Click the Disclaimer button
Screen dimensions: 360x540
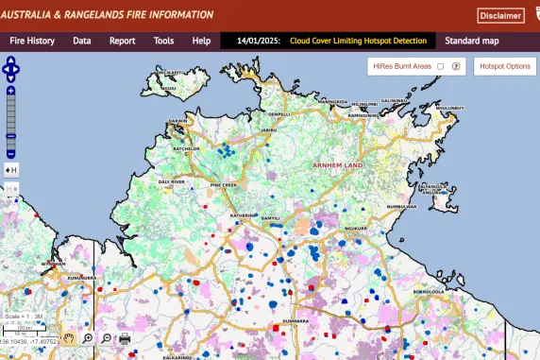click(x=500, y=15)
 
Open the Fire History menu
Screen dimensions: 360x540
click(x=32, y=41)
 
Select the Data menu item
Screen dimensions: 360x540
click(x=82, y=41)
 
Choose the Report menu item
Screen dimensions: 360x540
click(x=122, y=41)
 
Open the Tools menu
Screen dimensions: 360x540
click(x=163, y=41)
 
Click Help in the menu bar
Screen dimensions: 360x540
click(x=201, y=41)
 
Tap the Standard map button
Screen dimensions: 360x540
click(x=472, y=41)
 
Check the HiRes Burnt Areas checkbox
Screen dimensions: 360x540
click(x=440, y=66)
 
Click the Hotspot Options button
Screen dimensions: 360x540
click(x=505, y=66)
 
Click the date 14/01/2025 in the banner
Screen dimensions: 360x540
click(x=259, y=41)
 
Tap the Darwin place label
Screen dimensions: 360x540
click(x=177, y=121)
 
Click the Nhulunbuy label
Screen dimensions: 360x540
click(x=450, y=108)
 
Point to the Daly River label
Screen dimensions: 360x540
click(x=171, y=180)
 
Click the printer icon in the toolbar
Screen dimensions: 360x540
click(x=125, y=338)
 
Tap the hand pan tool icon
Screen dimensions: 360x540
click(x=69, y=337)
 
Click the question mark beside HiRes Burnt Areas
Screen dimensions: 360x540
click(x=456, y=66)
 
